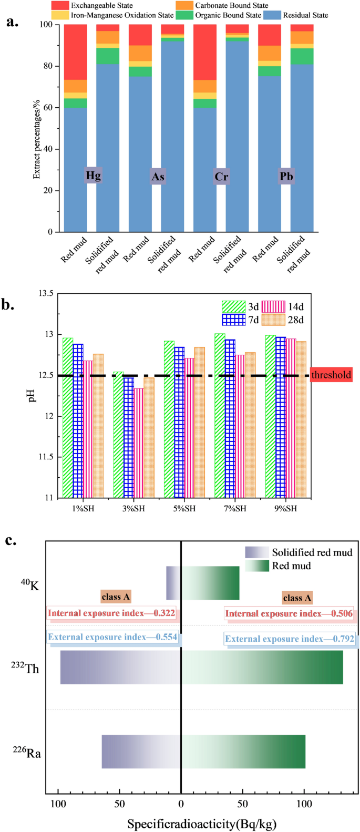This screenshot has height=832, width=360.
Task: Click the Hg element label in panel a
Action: point(93,176)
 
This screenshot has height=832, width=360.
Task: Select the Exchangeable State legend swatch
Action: point(60,5)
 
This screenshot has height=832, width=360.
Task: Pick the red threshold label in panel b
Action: point(331,375)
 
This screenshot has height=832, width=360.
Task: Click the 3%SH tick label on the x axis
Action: point(133,508)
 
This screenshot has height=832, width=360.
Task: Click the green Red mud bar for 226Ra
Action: point(243,752)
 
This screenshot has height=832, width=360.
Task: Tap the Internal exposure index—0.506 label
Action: point(289,613)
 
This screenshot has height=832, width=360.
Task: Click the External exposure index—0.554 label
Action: point(112,637)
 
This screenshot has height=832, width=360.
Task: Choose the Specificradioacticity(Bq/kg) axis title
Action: point(202,823)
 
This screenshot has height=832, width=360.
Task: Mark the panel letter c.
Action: point(10,540)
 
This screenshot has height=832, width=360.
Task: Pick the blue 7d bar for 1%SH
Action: point(78,420)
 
